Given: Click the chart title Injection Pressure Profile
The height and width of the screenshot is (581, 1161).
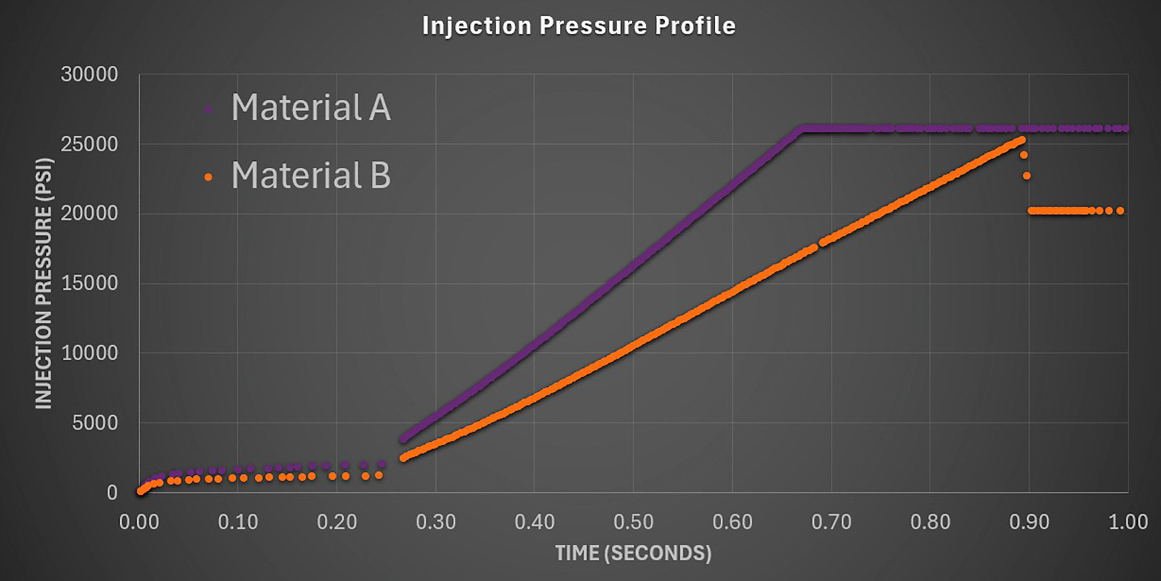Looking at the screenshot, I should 579,26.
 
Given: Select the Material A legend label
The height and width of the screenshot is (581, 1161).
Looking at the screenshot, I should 311,108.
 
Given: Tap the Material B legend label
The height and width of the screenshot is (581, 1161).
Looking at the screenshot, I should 311,175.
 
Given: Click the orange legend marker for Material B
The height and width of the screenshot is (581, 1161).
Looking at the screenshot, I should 208,177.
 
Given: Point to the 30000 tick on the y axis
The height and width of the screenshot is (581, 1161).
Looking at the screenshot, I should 89,74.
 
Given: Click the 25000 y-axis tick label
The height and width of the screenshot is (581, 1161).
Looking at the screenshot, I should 89,144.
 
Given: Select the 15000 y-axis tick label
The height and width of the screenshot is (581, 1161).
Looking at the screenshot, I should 89,283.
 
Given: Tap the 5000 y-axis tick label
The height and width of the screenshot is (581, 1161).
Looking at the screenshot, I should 95,423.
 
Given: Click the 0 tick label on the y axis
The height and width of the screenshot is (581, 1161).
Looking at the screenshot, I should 112,492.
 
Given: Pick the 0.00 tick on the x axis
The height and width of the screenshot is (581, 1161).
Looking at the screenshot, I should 138,522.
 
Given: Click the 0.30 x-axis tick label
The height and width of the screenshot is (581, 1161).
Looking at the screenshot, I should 435,522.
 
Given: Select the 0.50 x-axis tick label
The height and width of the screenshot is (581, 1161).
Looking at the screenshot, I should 633,522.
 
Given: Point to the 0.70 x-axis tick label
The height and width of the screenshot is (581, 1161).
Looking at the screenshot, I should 831,522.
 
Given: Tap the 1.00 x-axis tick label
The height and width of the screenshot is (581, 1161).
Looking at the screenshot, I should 1128,522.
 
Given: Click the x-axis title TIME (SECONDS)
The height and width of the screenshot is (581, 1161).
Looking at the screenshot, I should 633,553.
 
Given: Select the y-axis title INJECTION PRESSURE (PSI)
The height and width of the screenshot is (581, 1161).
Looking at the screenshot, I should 44,283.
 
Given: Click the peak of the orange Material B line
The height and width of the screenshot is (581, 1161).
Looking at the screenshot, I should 1022,140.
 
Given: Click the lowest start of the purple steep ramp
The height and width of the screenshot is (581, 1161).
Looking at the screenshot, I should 403,440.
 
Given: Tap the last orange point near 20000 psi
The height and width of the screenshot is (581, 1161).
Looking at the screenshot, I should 1120,211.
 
